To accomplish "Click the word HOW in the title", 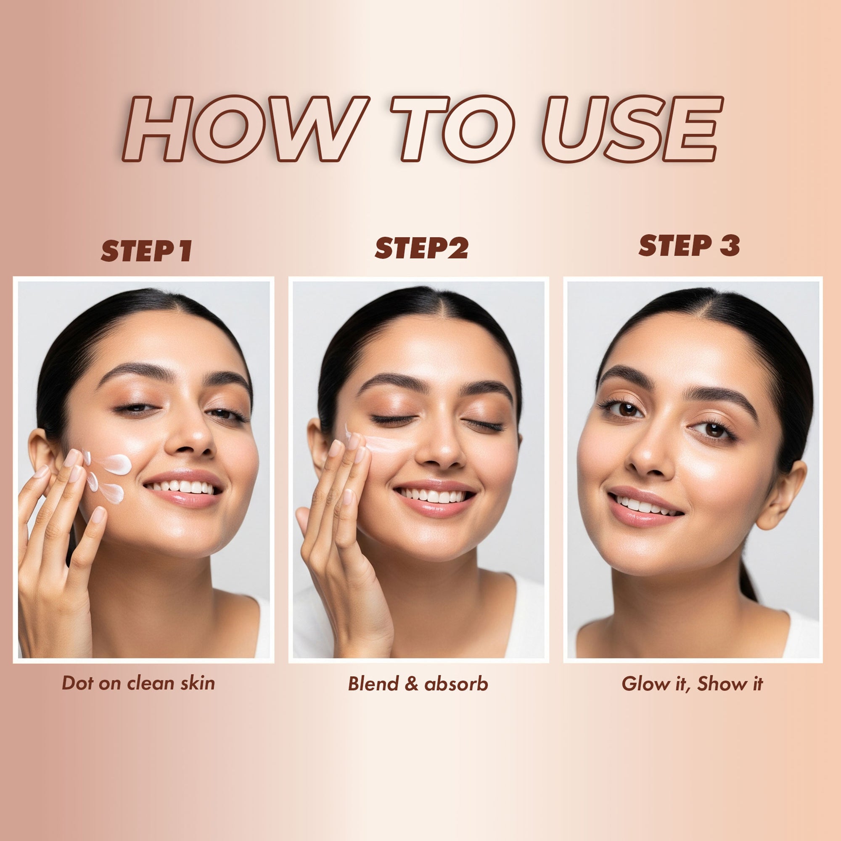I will [244, 129].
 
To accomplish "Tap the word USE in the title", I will [631, 129].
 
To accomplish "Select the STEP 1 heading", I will [146, 251].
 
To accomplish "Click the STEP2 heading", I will [421, 249].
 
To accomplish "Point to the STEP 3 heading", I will [689, 246].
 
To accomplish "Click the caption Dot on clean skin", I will [138, 683].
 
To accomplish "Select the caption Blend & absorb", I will [418, 684].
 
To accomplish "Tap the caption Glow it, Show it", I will [692, 684].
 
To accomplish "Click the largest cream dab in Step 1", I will [116, 464].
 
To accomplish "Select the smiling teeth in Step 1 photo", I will [185, 487].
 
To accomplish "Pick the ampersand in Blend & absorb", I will [411, 684].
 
